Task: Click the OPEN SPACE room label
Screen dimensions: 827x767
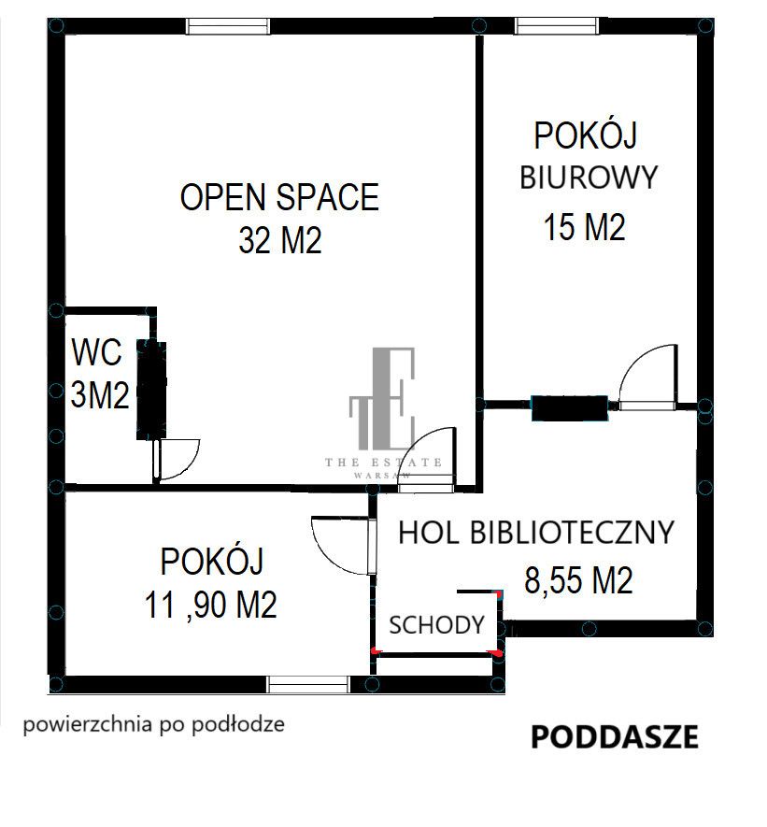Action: [279, 198]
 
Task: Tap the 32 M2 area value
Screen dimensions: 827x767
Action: [279, 241]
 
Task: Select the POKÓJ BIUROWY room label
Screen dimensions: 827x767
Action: [588, 155]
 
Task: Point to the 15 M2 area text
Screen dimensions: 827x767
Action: [584, 226]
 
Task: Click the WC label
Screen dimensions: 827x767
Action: [96, 353]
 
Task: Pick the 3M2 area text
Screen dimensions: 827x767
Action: [100, 395]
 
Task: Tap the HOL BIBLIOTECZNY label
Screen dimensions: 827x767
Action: [535, 532]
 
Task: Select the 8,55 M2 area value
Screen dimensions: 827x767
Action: [578, 580]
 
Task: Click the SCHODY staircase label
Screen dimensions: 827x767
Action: [436, 625]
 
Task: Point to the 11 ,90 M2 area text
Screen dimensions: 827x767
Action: [211, 606]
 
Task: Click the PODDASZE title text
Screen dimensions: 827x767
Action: [614, 737]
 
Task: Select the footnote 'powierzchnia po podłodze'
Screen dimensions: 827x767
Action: [154, 724]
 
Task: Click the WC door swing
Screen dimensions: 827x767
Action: [178, 459]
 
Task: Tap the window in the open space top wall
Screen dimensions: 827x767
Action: [229, 26]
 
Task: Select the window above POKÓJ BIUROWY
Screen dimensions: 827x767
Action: [557, 26]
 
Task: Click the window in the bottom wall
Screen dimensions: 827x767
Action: [308, 684]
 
